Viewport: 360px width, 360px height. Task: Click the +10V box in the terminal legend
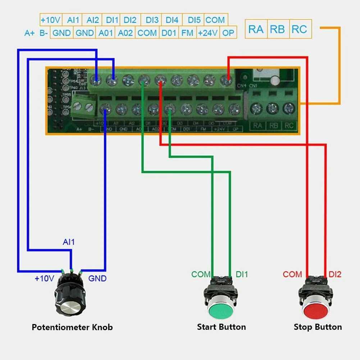coord(51,20)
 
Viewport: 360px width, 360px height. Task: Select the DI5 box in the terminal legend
coord(194,20)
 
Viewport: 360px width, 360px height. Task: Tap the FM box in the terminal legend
coord(187,33)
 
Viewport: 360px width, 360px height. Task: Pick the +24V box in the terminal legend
coord(208,33)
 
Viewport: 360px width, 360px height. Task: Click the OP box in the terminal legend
coord(228,33)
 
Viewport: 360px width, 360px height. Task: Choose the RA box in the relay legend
coord(256,29)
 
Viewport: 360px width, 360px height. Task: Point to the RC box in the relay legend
coord(299,29)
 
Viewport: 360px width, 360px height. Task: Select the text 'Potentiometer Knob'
coord(72,327)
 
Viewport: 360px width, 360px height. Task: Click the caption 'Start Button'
coord(222,327)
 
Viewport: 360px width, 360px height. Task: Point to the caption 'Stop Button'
coord(318,327)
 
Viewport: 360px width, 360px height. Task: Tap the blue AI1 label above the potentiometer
coord(69,242)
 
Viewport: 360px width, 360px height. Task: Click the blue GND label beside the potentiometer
coord(97,278)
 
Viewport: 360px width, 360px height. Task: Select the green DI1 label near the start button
coord(242,274)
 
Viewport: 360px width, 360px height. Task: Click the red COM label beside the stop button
coord(292,274)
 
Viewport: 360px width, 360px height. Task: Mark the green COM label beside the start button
coord(200,274)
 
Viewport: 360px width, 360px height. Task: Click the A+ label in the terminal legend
coord(29,33)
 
